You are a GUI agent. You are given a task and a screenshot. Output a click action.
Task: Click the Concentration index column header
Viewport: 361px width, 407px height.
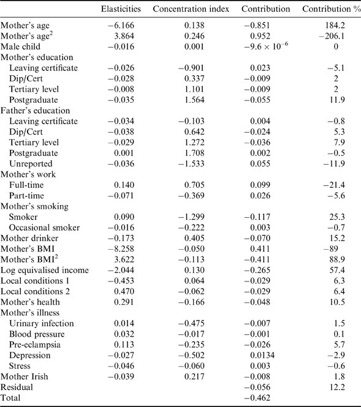click(x=191, y=10)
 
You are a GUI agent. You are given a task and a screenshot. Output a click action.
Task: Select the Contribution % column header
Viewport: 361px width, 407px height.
click(x=329, y=10)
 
